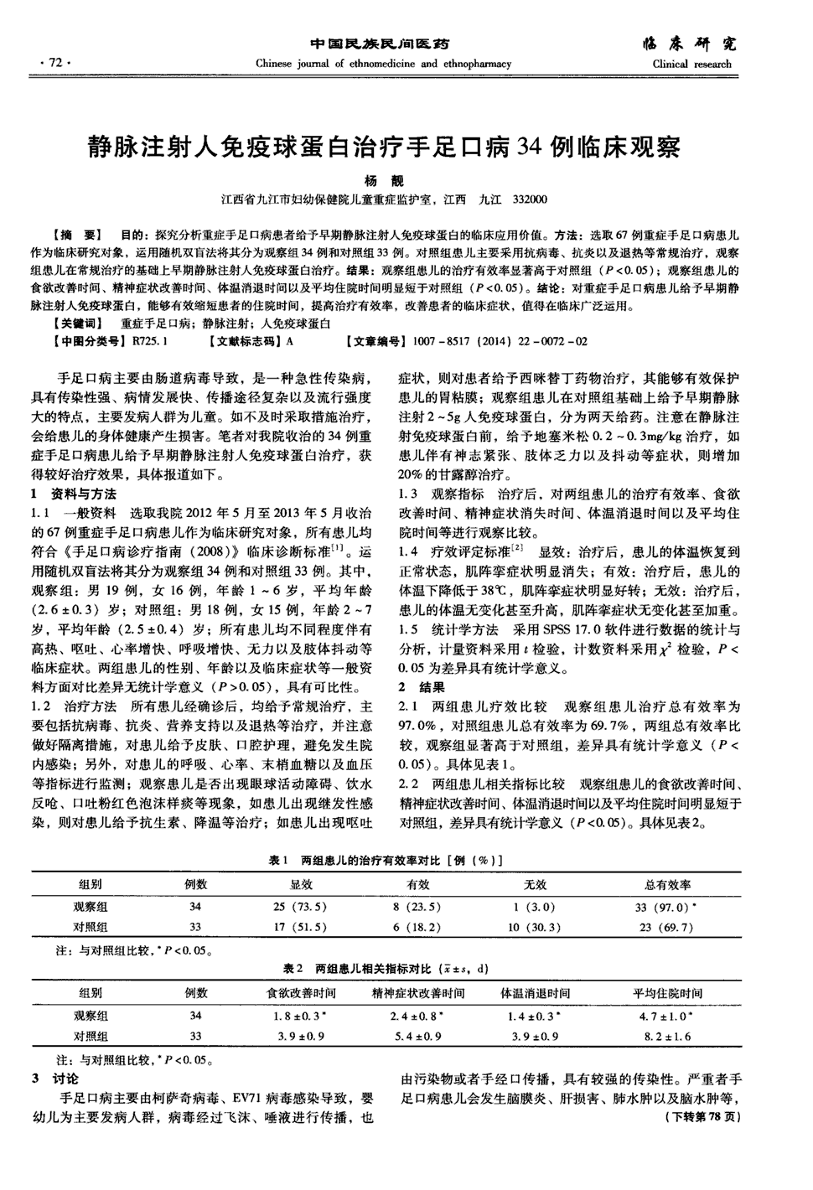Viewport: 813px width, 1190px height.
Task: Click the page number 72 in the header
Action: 56,63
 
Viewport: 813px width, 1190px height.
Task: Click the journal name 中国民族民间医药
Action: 380,44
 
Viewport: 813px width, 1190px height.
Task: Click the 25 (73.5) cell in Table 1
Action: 300,907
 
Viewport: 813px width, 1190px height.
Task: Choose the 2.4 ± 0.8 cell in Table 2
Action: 416,1015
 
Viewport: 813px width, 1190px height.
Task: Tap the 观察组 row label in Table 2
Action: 91,1015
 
